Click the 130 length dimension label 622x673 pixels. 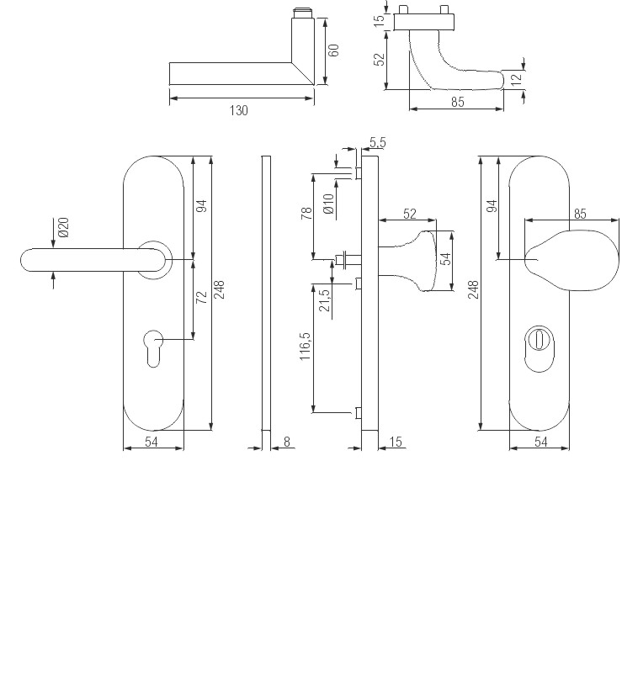[x=238, y=111]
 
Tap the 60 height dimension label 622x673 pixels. [x=334, y=50]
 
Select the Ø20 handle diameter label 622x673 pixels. [x=64, y=227]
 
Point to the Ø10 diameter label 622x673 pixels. [x=328, y=204]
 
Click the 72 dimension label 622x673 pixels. [x=201, y=298]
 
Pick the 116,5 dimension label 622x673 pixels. [x=305, y=346]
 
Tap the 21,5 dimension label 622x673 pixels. [x=325, y=300]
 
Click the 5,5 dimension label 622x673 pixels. [x=378, y=142]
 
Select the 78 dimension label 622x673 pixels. [x=307, y=214]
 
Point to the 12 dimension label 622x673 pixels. [x=517, y=78]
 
